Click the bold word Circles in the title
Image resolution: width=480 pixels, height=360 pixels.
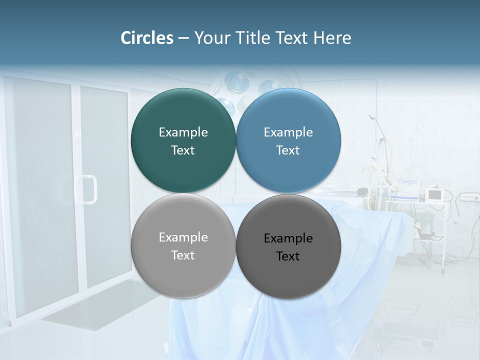click(x=146, y=38)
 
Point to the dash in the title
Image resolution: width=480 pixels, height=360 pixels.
click(x=183, y=38)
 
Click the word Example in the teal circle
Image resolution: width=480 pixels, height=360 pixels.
click(x=183, y=132)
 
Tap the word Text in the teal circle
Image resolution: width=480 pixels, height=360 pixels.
click(x=183, y=150)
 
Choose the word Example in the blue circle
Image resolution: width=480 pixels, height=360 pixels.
click(x=288, y=132)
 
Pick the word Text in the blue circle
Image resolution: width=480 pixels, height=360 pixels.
click(x=288, y=150)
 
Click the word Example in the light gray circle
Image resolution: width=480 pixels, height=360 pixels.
click(x=183, y=237)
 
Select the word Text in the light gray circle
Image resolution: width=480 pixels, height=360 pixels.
click(x=183, y=255)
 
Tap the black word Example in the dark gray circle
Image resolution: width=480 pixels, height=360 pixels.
click(x=288, y=238)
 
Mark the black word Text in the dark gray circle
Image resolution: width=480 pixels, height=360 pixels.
click(x=288, y=256)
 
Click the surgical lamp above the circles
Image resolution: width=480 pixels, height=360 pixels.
click(x=235, y=82)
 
